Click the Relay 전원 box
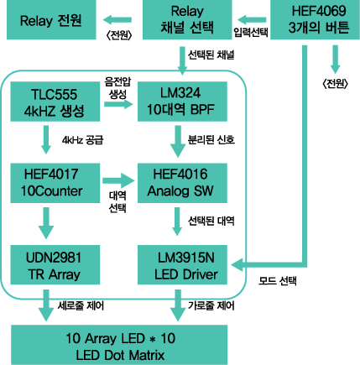pyautogui.click(x=51, y=19)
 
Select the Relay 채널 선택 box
pyautogui.click(x=187, y=19)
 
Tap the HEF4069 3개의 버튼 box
pyautogui.click(x=315, y=19)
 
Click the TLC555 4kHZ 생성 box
pyautogui.click(x=55, y=102)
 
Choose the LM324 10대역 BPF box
pyautogui.click(x=182, y=102)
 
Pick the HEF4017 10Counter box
pyautogui.click(x=55, y=183)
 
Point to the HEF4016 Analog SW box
pyautogui.click(x=182, y=183)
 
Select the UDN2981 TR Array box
pyautogui.click(x=55, y=265)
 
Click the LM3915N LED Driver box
pyautogui.click(x=182, y=265)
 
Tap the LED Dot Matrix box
pyautogui.click(x=119, y=345)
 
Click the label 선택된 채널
pyautogui.click(x=211, y=55)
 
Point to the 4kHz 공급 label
pyautogui.click(x=83, y=140)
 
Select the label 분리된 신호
pyautogui.click(x=211, y=139)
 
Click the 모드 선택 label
pyautogui.click(x=278, y=281)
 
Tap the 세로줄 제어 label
pyautogui.click(x=81, y=305)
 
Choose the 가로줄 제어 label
pyautogui.click(x=211, y=305)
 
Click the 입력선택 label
pyautogui.click(x=251, y=32)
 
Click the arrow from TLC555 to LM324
pyautogui.click(x=118, y=104)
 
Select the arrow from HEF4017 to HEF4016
pyautogui.click(x=118, y=180)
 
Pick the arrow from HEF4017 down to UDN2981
pyautogui.click(x=46, y=223)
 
